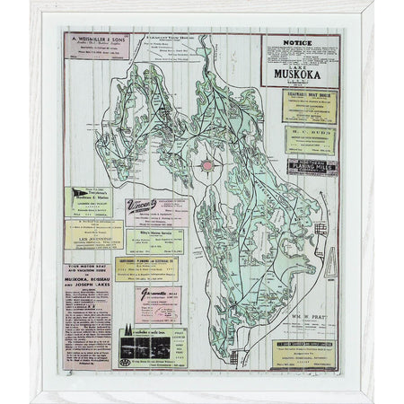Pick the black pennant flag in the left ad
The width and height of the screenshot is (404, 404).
(x=76, y=193)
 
